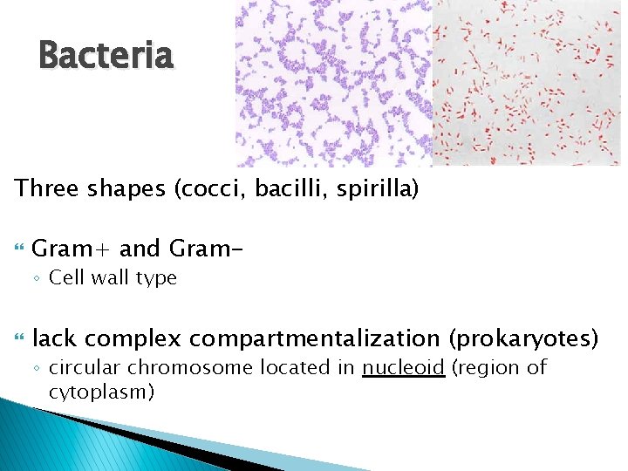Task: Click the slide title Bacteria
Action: [x=106, y=56]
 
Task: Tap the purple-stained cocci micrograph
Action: [x=333, y=83]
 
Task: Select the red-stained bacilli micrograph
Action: [x=529, y=83]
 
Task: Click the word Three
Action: [x=47, y=189]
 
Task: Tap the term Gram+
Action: [x=72, y=249]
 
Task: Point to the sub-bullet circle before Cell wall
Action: [x=38, y=279]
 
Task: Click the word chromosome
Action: [x=166, y=367]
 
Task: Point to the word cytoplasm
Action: [x=101, y=392]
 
